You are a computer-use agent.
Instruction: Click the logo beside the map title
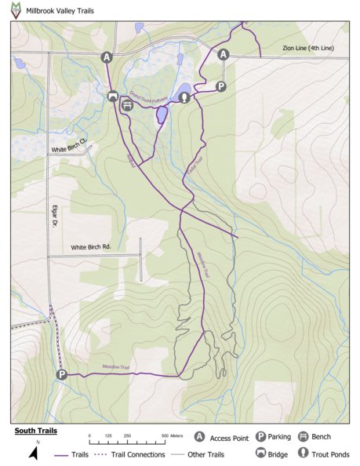16,9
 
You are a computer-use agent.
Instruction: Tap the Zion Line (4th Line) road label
308,49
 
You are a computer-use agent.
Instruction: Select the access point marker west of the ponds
107,57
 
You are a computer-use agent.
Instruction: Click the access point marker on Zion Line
224,54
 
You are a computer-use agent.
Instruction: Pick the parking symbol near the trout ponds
221,86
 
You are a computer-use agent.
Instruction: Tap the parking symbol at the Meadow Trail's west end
61,375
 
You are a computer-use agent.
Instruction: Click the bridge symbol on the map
113,96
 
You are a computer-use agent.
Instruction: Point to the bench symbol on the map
126,105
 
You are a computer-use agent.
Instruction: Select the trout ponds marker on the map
184,97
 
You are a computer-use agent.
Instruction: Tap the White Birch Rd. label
91,247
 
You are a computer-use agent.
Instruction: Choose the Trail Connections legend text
136,454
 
